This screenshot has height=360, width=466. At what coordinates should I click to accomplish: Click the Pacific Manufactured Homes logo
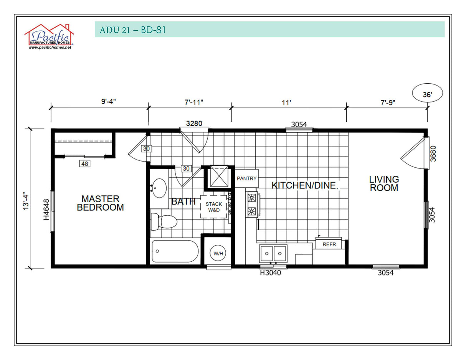[x=49, y=37]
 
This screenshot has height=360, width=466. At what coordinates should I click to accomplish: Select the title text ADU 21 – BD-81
[x=132, y=30]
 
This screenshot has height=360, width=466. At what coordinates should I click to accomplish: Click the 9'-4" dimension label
[x=109, y=102]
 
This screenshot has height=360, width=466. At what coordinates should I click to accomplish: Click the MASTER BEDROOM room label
[x=100, y=203]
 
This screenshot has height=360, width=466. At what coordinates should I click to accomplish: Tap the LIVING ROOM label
[x=384, y=183]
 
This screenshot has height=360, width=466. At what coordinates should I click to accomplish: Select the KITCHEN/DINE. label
[x=305, y=185]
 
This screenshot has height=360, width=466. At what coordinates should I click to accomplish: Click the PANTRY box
[x=246, y=178]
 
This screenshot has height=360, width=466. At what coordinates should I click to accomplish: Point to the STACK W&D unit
[x=213, y=207]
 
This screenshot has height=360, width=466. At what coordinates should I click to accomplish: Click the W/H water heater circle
[x=218, y=253]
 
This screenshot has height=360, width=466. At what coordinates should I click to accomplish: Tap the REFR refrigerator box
[x=329, y=244]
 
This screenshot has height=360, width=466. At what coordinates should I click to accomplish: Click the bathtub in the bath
[x=175, y=251]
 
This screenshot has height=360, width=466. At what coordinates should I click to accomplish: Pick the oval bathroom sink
[x=159, y=188]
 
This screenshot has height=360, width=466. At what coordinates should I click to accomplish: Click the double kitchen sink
[x=273, y=253]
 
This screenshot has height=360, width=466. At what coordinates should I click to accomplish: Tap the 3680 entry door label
[x=433, y=153]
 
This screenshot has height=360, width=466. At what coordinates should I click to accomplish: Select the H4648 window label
[x=46, y=209]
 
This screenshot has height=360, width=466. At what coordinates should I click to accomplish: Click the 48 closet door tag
[x=84, y=164]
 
